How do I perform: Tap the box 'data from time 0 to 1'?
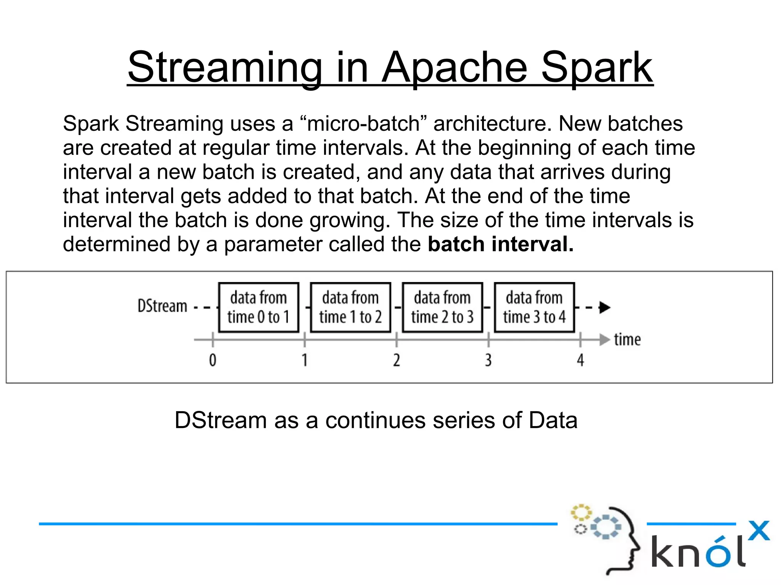coord(259,307)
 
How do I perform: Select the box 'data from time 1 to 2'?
coord(350,307)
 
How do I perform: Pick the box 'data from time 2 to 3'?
coord(442,307)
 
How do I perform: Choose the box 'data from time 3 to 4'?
coord(534,307)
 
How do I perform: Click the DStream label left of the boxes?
coord(162,306)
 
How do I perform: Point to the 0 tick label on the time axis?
coord(212,360)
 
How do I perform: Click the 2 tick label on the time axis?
coord(397,360)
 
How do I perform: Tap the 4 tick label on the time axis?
coord(580,360)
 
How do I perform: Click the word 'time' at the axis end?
coord(627,339)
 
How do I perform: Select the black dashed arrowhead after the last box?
coord(604,307)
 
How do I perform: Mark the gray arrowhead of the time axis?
coord(604,339)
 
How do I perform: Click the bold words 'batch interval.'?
coord(500,244)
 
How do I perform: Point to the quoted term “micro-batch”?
coord(363,123)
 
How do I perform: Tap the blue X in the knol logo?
coord(759,531)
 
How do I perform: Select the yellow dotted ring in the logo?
coord(581,513)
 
